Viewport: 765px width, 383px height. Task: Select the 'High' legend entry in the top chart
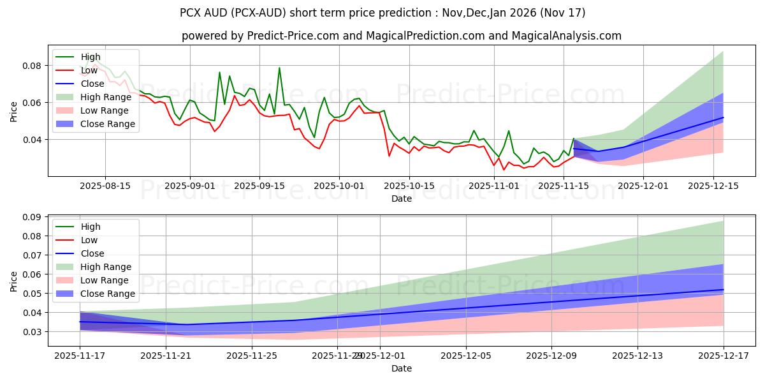coord(91,57)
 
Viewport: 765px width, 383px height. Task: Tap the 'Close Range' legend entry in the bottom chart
coord(108,294)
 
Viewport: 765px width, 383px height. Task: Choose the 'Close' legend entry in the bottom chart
coord(92,253)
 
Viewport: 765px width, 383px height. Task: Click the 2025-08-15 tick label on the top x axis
coord(105,186)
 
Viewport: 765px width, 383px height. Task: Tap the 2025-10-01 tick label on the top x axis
coord(339,186)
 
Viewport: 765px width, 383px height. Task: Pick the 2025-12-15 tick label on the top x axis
coord(712,186)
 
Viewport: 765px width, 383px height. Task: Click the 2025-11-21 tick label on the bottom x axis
coord(166,356)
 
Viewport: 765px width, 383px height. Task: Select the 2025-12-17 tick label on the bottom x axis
coord(723,356)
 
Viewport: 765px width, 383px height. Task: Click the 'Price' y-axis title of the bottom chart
coord(14,280)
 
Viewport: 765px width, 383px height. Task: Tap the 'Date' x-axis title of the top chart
coord(402,199)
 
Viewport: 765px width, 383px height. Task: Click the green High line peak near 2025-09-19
coord(279,68)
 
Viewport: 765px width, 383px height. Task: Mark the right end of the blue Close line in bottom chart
coord(723,290)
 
